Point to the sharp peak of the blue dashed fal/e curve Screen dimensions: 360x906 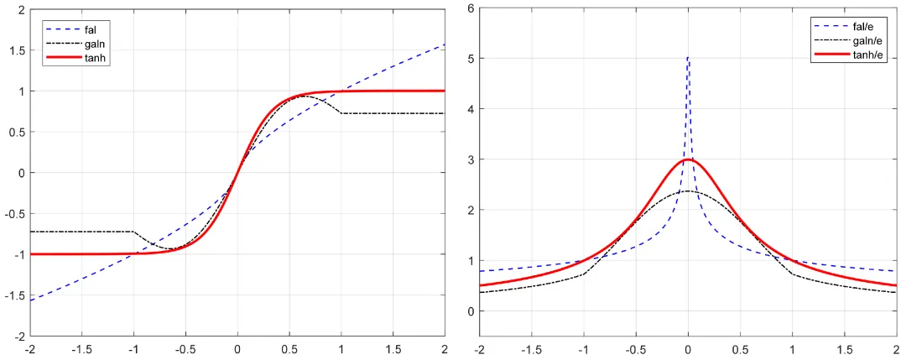pos(688,58)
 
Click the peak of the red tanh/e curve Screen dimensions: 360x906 pos(688,159)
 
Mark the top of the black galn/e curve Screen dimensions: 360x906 pos(688,191)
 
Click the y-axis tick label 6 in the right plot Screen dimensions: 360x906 pos(470,8)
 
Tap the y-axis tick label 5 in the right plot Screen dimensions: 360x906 pos(470,59)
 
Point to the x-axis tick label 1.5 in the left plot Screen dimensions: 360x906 pos(393,347)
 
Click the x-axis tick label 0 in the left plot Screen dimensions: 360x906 pos(237,347)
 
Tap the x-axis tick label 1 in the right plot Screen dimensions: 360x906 pos(792,347)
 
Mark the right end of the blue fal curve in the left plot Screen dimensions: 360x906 pos(443,44)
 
